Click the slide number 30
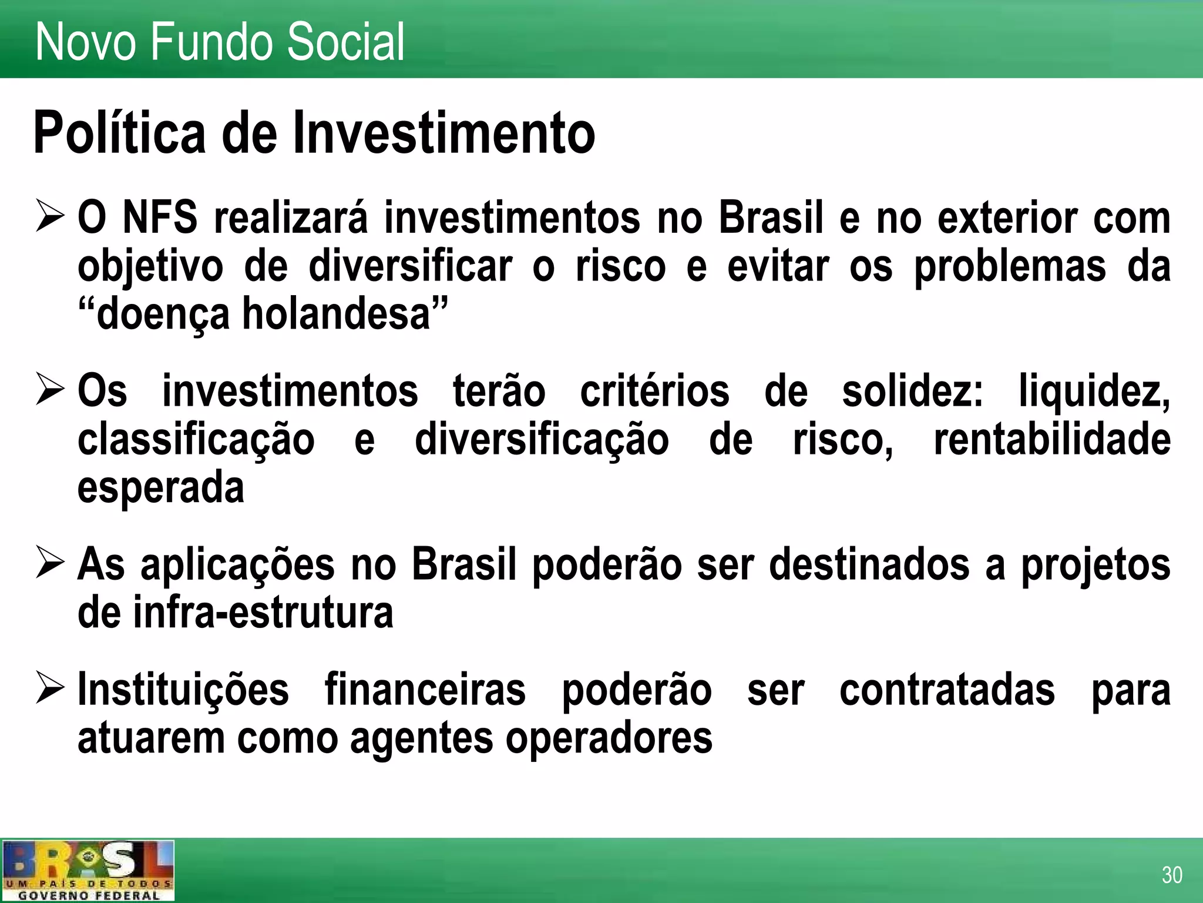1171,875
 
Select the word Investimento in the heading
444,133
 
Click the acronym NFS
160,218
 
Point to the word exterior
1007,218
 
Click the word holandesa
337,314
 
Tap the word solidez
912,391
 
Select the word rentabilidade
1052,439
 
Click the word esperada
160,487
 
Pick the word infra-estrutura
263,613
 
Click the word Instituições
183,690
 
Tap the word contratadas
947,690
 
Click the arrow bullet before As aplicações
49,563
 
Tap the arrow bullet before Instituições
49,688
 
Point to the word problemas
1010,266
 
